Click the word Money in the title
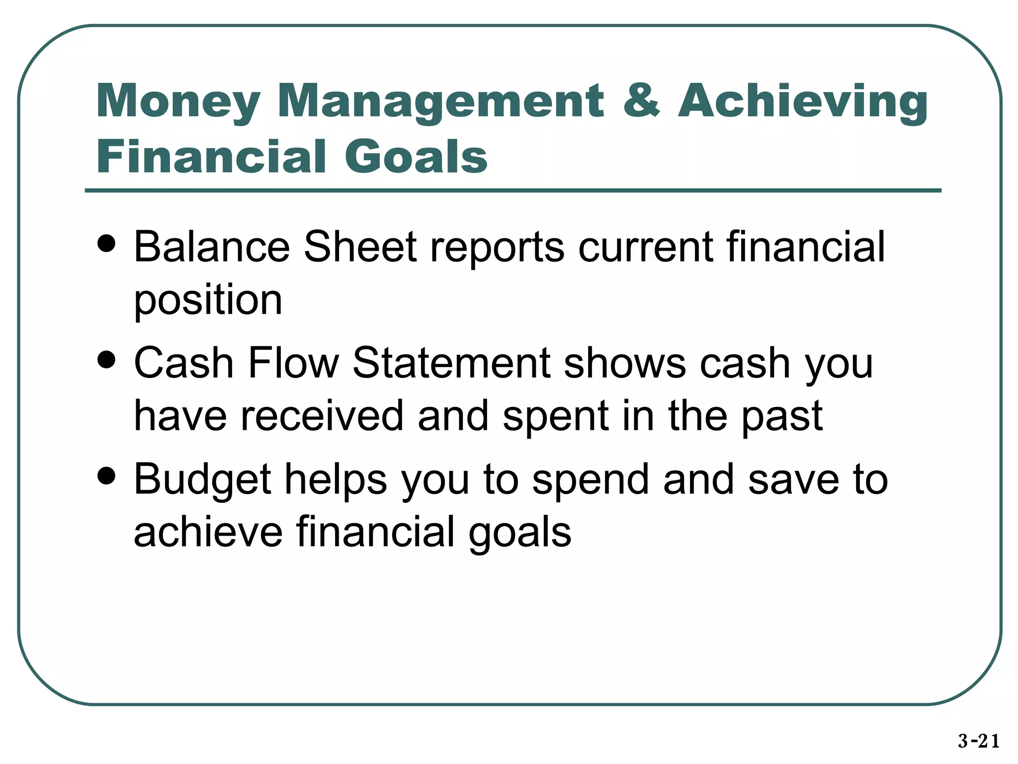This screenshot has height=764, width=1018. click(x=178, y=102)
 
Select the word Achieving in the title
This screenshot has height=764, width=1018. click(x=802, y=102)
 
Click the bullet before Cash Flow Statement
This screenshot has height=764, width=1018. click(x=106, y=360)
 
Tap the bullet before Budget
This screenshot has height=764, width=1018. click(x=106, y=476)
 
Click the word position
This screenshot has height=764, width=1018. click(x=208, y=301)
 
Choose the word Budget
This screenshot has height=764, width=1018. click(x=202, y=480)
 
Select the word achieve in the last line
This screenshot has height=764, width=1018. click(x=208, y=532)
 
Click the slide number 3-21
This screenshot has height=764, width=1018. click(x=978, y=741)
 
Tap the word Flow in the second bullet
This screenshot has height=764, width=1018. click(x=293, y=363)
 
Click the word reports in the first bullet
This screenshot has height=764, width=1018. click(x=497, y=247)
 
